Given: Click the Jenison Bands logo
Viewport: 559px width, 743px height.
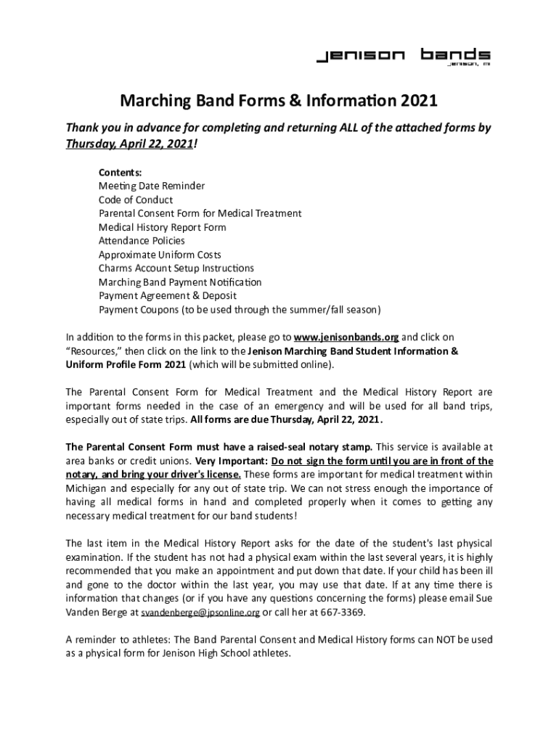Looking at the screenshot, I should [403, 57].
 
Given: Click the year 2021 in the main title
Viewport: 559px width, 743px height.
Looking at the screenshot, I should [417, 98].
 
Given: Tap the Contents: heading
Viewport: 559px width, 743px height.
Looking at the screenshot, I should [121, 172].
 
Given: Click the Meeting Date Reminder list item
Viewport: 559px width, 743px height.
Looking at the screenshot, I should [152, 186].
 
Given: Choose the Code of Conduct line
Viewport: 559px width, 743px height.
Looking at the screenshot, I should [136, 200].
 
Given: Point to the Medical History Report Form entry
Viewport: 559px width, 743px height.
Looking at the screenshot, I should [163, 227].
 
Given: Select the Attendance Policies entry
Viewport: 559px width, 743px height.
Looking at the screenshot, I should [142, 241].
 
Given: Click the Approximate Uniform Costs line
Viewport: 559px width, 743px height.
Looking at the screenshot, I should [160, 255].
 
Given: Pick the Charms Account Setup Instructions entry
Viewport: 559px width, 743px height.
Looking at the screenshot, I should [176, 268].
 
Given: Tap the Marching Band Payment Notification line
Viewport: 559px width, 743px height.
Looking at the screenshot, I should [180, 282].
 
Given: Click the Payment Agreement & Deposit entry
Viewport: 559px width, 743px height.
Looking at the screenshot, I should [168, 296].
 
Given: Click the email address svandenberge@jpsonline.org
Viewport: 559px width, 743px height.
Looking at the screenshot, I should [200, 612].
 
